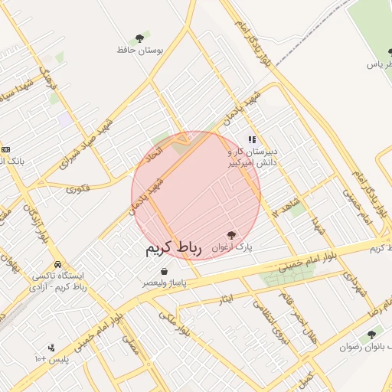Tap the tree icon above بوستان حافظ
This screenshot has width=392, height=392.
point(139,38)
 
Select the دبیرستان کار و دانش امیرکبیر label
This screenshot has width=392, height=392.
point(254,157)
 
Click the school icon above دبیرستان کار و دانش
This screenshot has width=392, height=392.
point(251,140)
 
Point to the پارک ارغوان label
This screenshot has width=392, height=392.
point(232,247)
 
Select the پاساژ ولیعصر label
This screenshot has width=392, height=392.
point(165,283)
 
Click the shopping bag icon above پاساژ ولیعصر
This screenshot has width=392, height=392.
point(165,270)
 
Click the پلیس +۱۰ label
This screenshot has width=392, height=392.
point(51,359)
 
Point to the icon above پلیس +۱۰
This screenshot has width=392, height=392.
point(51,347)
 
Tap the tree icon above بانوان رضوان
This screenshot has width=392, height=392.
point(372,334)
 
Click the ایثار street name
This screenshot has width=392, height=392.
point(225,296)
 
